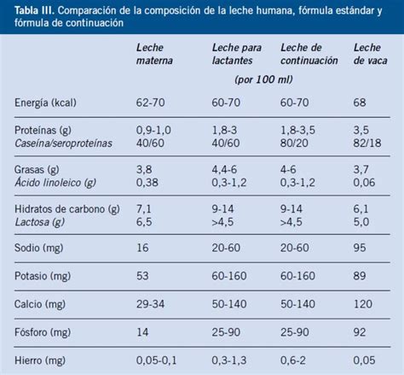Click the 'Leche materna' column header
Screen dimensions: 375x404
coord(155,55)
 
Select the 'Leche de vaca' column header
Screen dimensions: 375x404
coord(368,55)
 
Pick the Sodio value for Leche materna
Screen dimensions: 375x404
coord(143,246)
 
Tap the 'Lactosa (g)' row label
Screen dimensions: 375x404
coord(39,222)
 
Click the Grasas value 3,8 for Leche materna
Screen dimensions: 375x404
coord(144,169)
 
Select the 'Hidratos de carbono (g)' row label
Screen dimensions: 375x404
coord(65,208)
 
